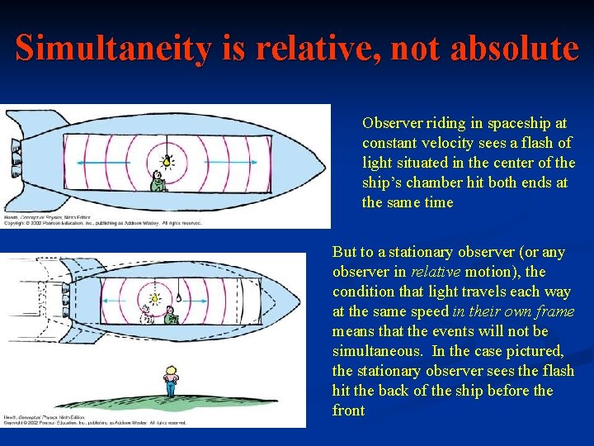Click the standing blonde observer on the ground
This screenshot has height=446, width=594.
click(x=171, y=381)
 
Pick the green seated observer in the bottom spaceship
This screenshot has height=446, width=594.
click(x=171, y=316)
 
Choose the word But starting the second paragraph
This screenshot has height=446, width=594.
click(x=344, y=252)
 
